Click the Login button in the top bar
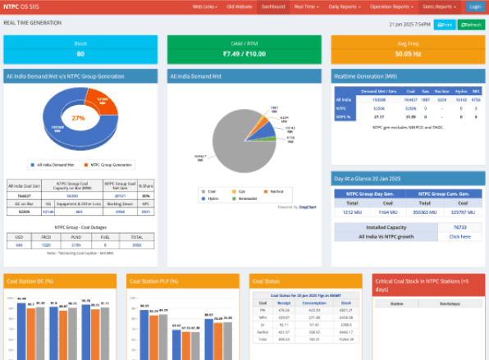(x=474, y=6)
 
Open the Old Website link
(x=238, y=6)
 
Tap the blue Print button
(x=445, y=25)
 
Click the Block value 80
(x=80, y=54)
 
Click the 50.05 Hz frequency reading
(x=408, y=54)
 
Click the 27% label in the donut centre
(x=79, y=118)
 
